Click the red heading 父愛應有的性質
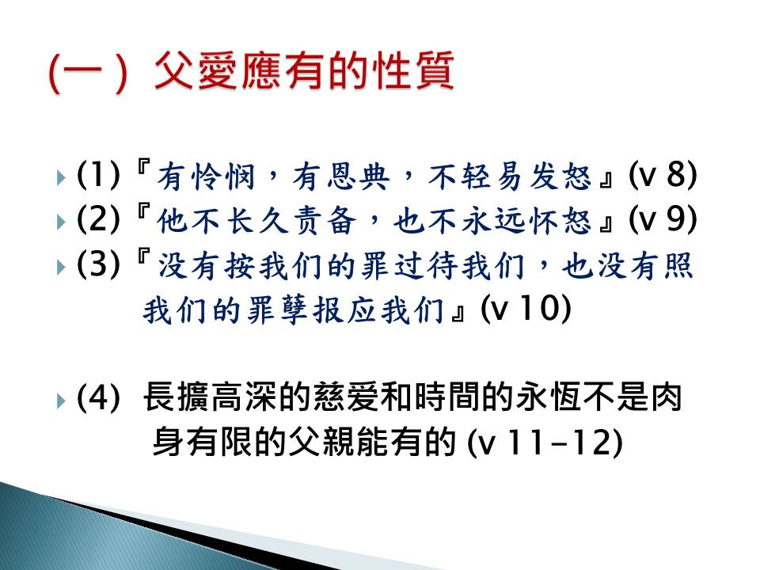tap(304, 70)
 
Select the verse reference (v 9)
tap(663, 219)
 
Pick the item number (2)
tap(98, 219)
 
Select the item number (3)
tap(98, 264)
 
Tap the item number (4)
tap(98, 397)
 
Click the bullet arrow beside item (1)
tap(61, 177)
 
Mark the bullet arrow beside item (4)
tap(61, 401)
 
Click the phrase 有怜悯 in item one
tap(206, 176)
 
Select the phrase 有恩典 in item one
tap(340, 176)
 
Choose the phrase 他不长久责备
tap(256, 220)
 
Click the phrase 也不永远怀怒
tap(492, 220)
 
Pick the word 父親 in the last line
tap(322, 442)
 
